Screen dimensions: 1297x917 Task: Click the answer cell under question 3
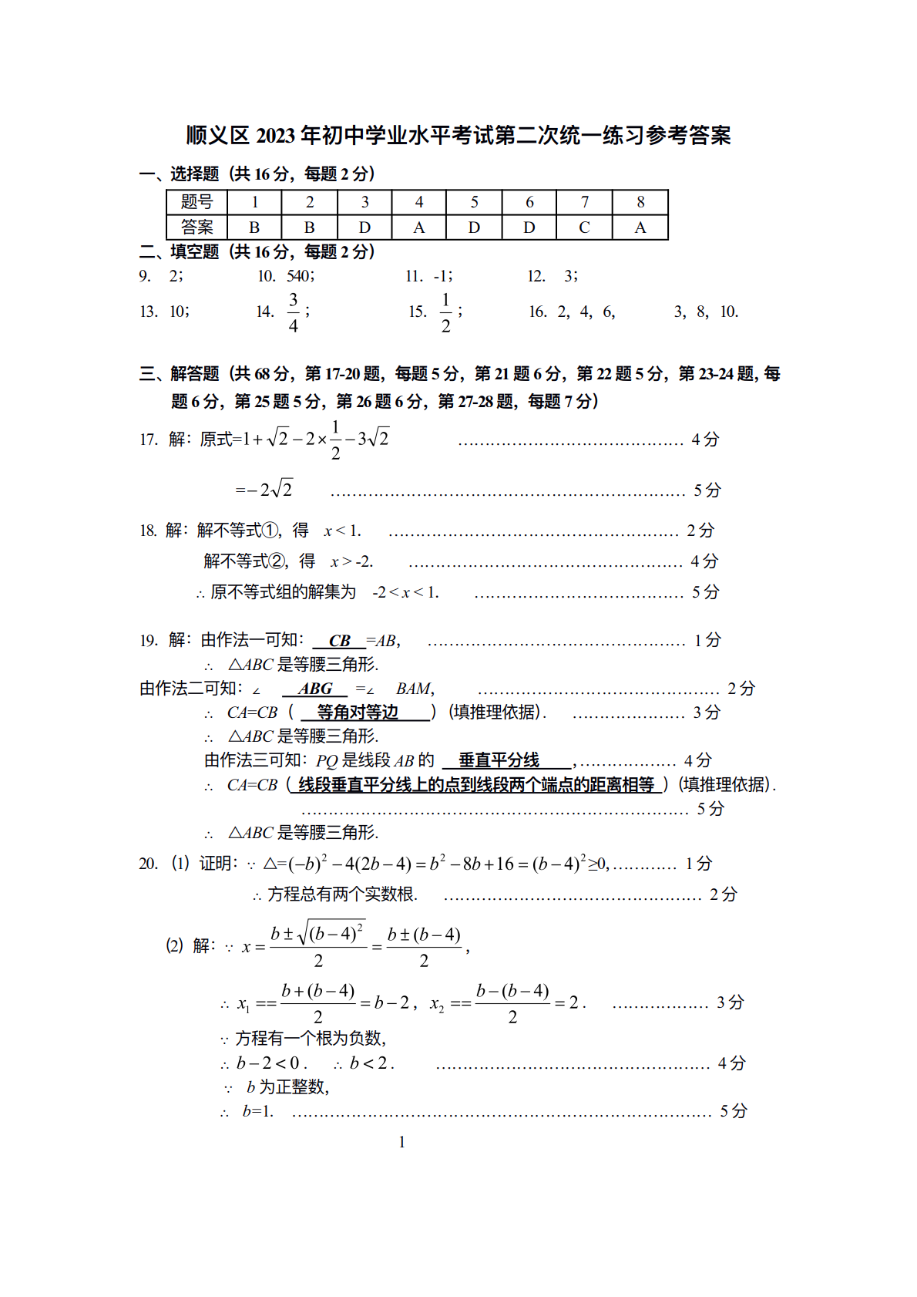tap(364, 227)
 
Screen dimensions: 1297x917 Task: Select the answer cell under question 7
tap(584, 227)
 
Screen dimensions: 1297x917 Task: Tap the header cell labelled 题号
tap(196, 202)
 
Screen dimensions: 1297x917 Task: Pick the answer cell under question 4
tap(419, 227)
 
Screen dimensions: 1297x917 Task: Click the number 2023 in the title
tap(275, 136)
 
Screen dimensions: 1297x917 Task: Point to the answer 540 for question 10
tap(299, 276)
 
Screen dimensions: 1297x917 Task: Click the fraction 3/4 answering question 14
tap(294, 312)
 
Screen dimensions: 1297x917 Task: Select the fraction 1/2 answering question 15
tap(445, 312)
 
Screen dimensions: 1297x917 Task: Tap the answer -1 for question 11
tap(442, 276)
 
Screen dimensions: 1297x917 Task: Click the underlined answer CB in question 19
tap(339, 641)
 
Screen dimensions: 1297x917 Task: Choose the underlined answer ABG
tap(315, 689)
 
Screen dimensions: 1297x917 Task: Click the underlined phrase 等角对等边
tap(358, 713)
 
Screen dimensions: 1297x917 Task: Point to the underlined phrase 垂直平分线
tap(499, 760)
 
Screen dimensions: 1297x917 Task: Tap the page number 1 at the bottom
tap(401, 1142)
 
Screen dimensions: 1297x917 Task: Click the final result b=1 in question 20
tap(257, 1111)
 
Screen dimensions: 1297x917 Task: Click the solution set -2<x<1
tap(405, 592)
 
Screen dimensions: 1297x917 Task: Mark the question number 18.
tap(148, 531)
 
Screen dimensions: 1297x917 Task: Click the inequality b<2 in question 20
tap(371, 1063)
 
